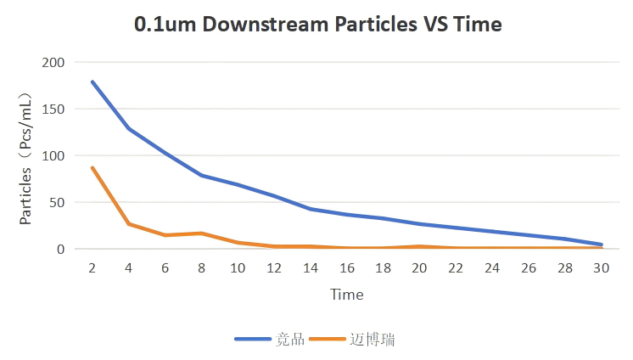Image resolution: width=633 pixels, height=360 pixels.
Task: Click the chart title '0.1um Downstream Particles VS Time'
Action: coord(317,25)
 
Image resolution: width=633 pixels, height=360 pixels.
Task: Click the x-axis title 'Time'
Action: coord(346,295)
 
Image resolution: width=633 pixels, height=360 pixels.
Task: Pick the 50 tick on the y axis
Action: coord(56,203)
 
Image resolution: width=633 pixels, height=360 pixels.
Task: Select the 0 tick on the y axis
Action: coord(59,250)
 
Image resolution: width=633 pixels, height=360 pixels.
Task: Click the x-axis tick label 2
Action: coord(92,267)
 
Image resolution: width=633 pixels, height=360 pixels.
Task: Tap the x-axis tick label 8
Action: coord(201,267)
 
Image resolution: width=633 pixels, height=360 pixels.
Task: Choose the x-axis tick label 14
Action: coord(311,267)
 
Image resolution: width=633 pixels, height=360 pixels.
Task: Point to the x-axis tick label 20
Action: coord(420,267)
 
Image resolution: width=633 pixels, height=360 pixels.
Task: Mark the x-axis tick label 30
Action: coord(602,267)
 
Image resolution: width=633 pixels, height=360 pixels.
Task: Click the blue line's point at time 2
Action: coord(92,82)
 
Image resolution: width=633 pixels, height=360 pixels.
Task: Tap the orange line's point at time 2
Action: coord(92,168)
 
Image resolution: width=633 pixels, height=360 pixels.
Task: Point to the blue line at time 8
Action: coord(201,175)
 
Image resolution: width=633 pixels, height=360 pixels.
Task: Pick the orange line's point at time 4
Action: coord(128,224)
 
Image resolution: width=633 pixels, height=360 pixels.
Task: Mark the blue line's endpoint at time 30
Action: coord(602,245)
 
